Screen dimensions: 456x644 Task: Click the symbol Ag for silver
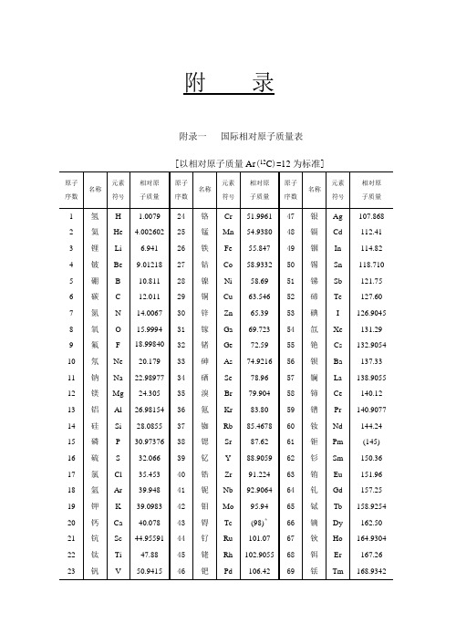click(x=338, y=216)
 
